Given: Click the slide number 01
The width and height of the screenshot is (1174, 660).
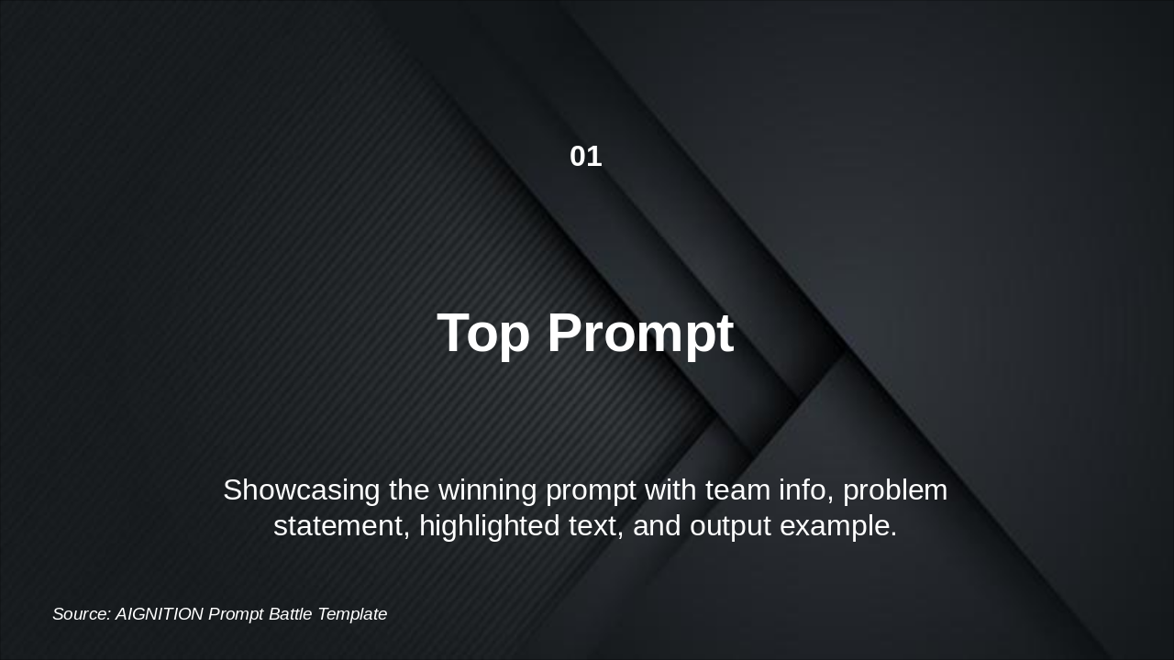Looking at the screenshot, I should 585,157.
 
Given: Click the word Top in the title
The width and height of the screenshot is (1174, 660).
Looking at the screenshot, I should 483,333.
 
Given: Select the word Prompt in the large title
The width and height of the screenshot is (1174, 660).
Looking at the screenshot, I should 640,333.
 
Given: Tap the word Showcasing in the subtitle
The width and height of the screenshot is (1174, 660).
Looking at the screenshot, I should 302,490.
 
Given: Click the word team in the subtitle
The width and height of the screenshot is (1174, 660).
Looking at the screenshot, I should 737,490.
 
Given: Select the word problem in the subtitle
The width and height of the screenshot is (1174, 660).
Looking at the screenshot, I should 895,490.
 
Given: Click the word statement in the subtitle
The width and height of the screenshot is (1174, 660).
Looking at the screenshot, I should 338,526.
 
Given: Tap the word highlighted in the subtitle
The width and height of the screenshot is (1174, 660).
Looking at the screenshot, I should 487,526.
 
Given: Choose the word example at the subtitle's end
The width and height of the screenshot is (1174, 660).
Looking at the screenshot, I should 838,526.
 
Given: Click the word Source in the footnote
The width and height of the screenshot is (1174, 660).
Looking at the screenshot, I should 82,614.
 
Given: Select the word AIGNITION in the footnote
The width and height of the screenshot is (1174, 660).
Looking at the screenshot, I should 160,614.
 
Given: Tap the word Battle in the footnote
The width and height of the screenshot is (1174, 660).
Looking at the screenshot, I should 291,614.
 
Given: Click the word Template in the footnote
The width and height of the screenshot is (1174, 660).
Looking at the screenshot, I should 352,614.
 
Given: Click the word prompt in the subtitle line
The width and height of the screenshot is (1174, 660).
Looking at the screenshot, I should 591,490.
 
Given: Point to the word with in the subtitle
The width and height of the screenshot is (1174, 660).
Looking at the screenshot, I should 670,490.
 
